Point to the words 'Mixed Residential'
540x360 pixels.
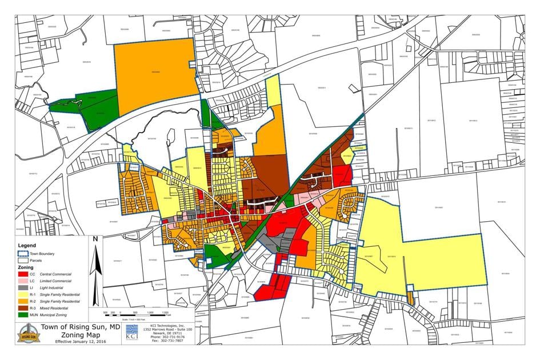coord(63,308)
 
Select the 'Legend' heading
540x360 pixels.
coord(27,245)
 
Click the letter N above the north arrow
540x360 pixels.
coord(96,239)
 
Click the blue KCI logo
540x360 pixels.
coord(131,333)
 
